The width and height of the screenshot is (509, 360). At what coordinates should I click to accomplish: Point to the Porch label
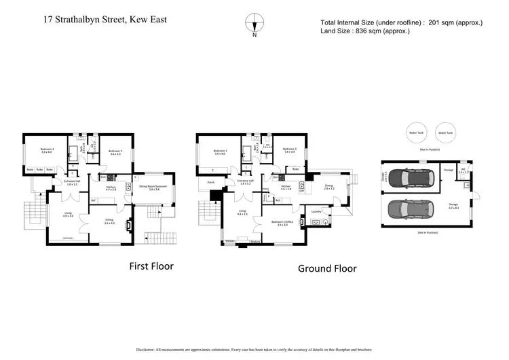click(203, 182)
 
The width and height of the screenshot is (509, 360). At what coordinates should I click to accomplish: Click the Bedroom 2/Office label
click(282, 222)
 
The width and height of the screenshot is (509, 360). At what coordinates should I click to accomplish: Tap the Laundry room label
click(316, 211)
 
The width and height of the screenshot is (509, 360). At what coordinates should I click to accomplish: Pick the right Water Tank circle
click(445, 133)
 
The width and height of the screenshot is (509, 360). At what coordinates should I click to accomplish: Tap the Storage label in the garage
click(448, 169)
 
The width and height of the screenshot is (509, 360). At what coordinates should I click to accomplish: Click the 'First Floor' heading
click(151, 266)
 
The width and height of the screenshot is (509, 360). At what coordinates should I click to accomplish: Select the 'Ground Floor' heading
click(327, 268)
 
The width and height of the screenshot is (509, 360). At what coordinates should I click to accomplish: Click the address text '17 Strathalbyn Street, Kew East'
click(104, 19)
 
